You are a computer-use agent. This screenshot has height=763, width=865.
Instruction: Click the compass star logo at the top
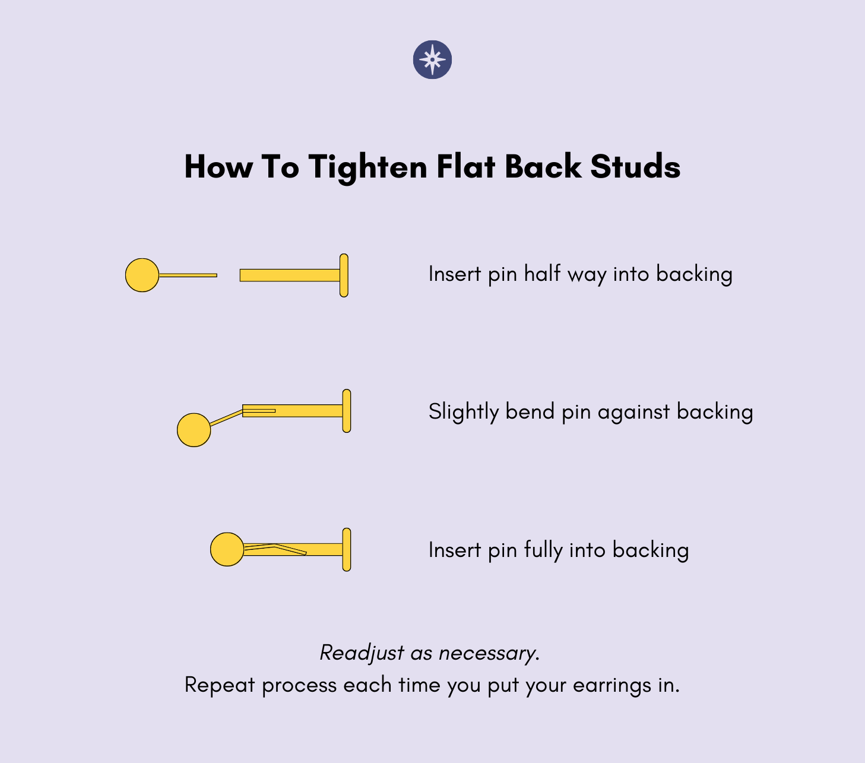pyautogui.click(x=432, y=60)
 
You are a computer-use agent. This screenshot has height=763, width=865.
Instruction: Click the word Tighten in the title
pyautogui.click(x=367, y=167)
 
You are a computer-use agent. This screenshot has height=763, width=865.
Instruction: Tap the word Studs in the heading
pyautogui.click(x=635, y=166)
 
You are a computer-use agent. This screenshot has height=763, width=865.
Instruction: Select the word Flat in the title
pyautogui.click(x=466, y=166)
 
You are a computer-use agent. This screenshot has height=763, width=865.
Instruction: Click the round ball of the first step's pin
pyautogui.click(x=142, y=275)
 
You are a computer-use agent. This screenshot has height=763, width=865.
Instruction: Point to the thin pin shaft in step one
pyautogui.click(x=188, y=276)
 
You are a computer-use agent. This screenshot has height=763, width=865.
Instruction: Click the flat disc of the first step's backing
pyautogui.click(x=344, y=276)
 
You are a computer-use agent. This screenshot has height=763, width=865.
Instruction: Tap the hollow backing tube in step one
pyautogui.click(x=290, y=276)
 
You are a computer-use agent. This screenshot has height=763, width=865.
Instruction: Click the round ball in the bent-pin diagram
pyautogui.click(x=194, y=430)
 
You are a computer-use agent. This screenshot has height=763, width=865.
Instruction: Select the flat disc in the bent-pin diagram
pyautogui.click(x=347, y=411)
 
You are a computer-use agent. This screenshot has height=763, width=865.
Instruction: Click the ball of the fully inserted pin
pyautogui.click(x=227, y=549)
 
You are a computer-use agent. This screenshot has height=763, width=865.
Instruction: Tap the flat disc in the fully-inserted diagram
pyautogui.click(x=347, y=549)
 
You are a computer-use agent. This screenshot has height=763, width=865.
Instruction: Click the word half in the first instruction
pyautogui.click(x=542, y=273)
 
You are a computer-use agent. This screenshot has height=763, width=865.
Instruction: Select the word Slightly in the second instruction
pyautogui.click(x=464, y=411)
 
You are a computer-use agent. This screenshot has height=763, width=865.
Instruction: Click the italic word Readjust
pyautogui.click(x=362, y=653)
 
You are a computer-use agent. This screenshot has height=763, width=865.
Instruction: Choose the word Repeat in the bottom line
pyautogui.click(x=220, y=685)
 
